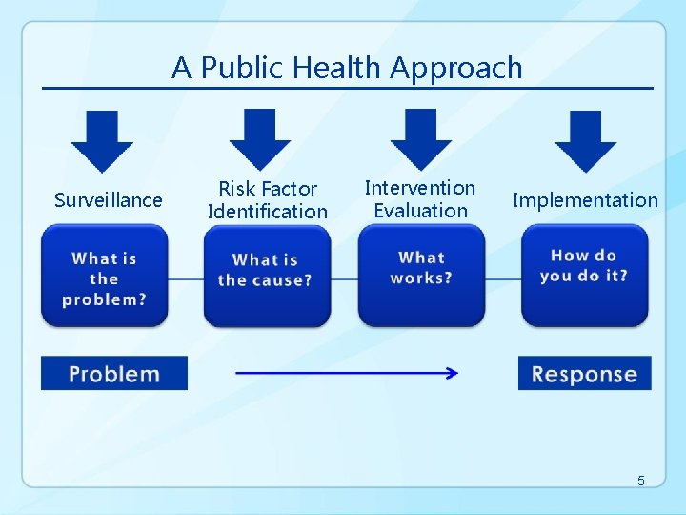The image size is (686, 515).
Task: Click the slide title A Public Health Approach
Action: [x=347, y=68]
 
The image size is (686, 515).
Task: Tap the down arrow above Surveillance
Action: [x=103, y=141]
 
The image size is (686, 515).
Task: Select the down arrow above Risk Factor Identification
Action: [x=260, y=139]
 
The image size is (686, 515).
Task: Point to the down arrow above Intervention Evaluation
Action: [x=421, y=139]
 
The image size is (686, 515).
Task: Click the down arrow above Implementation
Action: [x=585, y=141]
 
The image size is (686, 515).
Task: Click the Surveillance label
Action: [x=109, y=200]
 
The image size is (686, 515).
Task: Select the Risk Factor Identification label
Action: [x=267, y=200]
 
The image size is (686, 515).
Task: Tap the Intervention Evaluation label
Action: [x=420, y=199]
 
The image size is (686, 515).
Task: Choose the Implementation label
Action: [x=585, y=200]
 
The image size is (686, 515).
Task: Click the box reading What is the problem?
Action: [x=105, y=278]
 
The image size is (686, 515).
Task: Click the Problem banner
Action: [x=114, y=373]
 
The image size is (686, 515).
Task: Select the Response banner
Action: [x=584, y=373]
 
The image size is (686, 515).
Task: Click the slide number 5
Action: [x=641, y=481]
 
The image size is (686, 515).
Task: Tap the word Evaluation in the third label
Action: [x=420, y=211]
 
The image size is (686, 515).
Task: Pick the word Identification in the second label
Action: [x=267, y=212]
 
